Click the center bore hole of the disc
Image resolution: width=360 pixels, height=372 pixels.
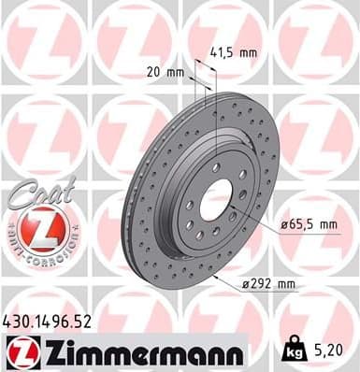pyautogui.click(x=218, y=199)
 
